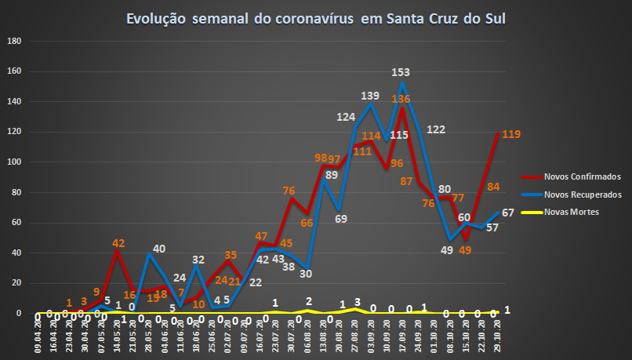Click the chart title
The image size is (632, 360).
point(315,18)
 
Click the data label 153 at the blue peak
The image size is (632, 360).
point(401,72)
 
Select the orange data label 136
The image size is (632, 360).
point(401,100)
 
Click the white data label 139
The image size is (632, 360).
point(371,96)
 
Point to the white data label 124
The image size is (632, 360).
point(347,118)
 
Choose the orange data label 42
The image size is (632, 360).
point(118,243)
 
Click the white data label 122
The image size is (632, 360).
point(436,129)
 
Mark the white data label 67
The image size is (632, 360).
point(507,213)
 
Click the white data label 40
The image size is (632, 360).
point(159,249)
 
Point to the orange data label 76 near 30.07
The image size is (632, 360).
point(289,191)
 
